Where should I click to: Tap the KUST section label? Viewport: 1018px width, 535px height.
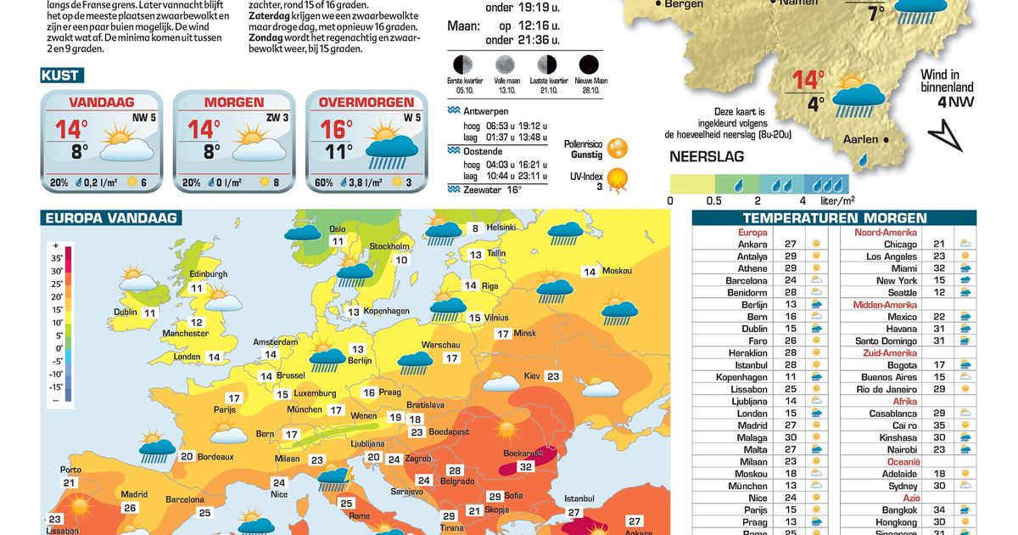point(61,76)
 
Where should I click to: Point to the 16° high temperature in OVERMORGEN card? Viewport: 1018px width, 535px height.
point(336,129)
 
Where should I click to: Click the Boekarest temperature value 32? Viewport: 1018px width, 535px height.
point(525,466)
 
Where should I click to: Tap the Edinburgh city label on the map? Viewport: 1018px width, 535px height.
point(208,274)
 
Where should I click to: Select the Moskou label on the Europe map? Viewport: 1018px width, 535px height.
point(617,271)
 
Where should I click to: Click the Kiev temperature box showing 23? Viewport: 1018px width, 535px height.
point(553,376)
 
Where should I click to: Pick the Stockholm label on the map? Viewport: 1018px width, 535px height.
point(389,247)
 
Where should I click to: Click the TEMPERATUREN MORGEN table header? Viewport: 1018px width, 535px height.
point(833,217)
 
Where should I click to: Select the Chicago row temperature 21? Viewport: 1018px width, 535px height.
point(938,244)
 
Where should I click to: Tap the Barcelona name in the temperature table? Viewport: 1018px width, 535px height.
point(746,280)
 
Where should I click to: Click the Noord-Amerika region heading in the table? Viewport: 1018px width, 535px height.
point(885,232)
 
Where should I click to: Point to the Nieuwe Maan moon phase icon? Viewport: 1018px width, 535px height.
point(588,65)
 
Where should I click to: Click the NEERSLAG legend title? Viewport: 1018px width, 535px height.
point(707,157)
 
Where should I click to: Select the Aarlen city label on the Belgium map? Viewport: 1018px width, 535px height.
point(861,139)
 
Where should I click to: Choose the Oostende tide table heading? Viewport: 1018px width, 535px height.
point(480,150)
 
